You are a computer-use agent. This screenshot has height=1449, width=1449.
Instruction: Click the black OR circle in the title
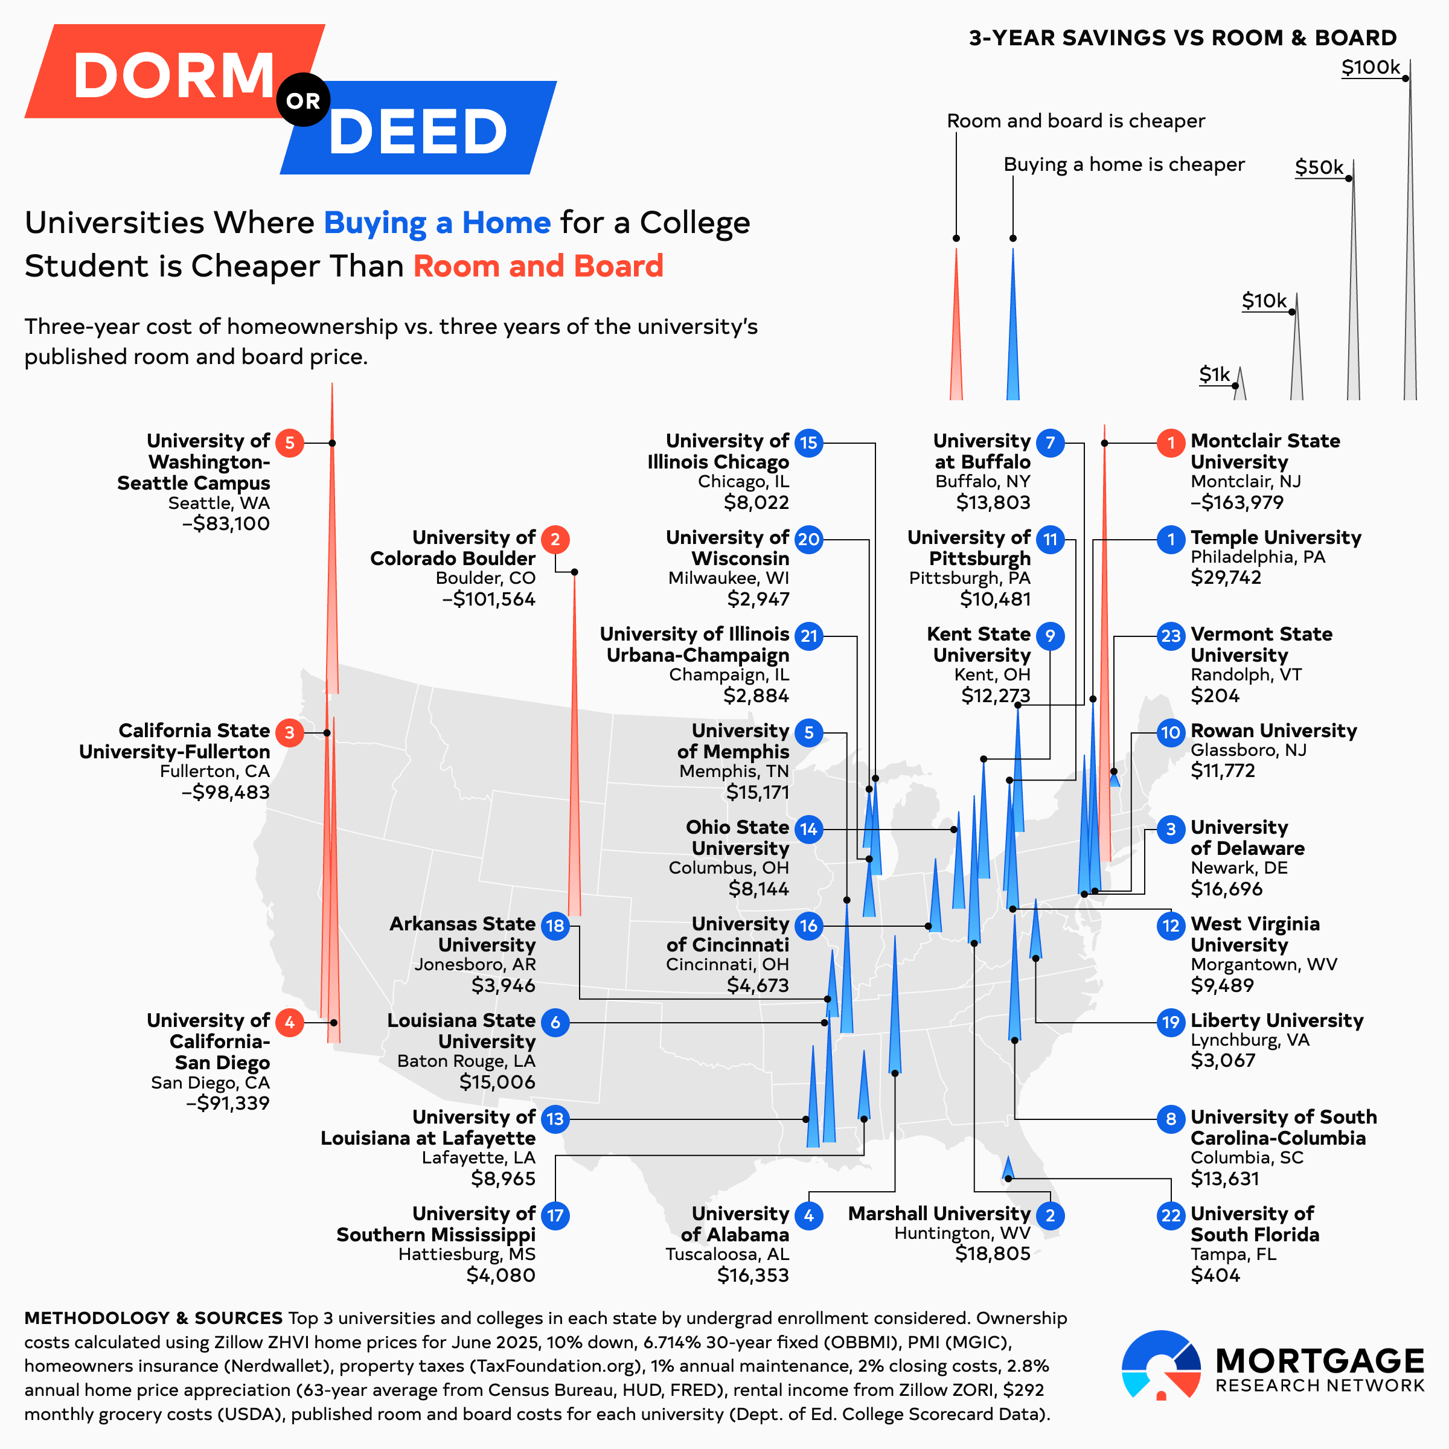(x=303, y=100)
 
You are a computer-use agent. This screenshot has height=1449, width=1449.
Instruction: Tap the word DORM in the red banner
(x=174, y=75)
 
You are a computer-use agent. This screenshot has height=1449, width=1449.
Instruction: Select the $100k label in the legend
(x=1371, y=68)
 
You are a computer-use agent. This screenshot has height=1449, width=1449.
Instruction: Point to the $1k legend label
(x=1214, y=374)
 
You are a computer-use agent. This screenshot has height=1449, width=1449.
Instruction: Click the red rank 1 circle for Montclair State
(x=1171, y=443)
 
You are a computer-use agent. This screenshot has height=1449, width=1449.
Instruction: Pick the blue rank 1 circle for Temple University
(x=1171, y=539)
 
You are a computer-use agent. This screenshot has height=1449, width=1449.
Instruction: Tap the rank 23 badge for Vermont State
(x=1171, y=636)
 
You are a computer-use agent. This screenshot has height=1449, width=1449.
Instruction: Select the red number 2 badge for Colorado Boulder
(x=555, y=539)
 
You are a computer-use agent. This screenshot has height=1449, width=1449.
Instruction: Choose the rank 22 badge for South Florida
(x=1171, y=1216)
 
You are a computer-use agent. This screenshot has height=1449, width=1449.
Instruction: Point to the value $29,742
(x=1226, y=578)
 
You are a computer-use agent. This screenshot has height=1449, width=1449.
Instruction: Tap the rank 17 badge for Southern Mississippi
(x=555, y=1216)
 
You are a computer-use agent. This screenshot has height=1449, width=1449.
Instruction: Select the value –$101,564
(x=488, y=600)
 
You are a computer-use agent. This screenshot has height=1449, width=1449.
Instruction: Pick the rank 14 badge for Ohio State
(x=808, y=830)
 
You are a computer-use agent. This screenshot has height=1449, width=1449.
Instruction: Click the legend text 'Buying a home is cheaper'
(x=1124, y=164)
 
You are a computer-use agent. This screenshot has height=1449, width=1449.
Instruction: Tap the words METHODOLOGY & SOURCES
(x=153, y=1318)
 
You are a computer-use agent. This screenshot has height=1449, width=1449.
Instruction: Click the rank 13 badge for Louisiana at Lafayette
(x=555, y=1119)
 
